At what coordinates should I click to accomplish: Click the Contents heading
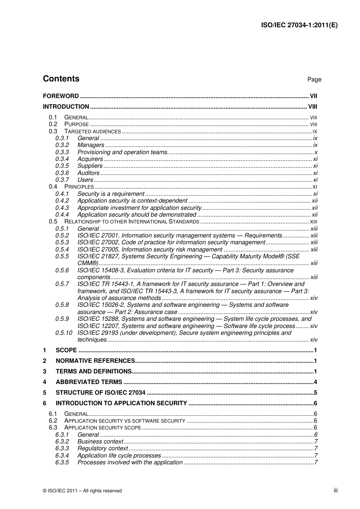tap(61, 79)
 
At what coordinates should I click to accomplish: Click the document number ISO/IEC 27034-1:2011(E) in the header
tap(299, 25)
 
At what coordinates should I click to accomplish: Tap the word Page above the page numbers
tap(314, 80)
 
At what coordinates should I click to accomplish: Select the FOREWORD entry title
tap(61, 96)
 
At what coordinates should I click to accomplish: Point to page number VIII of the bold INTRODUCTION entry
tap(313, 107)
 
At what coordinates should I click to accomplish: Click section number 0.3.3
tap(62, 152)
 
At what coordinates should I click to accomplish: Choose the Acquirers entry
tap(90, 159)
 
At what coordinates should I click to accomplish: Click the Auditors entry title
tap(88, 173)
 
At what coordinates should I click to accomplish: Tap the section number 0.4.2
tap(62, 201)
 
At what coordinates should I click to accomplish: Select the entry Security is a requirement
tap(111, 194)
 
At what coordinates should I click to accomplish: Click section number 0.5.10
tap(63, 333)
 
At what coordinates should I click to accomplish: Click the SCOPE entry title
tap(66, 350)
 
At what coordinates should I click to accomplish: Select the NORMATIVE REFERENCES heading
tap(95, 361)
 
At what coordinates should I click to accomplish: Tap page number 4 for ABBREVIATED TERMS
tap(315, 382)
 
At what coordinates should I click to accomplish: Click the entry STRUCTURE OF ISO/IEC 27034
tap(100, 393)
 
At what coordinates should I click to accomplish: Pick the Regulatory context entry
tap(103, 448)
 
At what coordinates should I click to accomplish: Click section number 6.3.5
tap(62, 462)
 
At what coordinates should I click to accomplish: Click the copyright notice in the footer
tap(82, 491)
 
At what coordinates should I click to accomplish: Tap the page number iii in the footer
tap(335, 490)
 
